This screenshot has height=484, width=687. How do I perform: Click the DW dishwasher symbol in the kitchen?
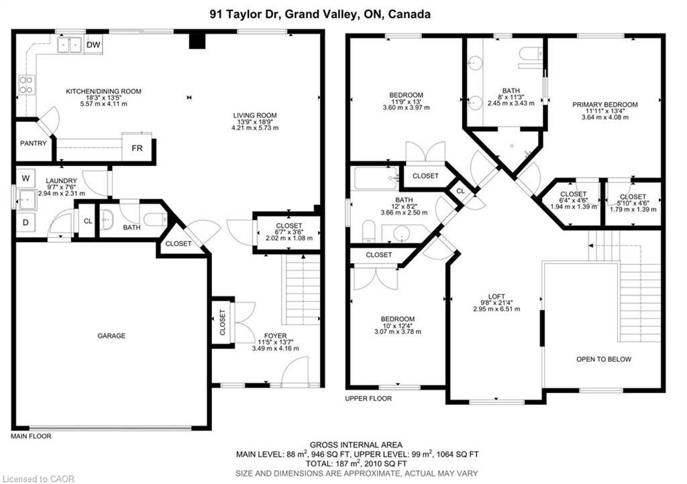click(93, 45)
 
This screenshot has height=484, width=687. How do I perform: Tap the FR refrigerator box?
click(137, 147)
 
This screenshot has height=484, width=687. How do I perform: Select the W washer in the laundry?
click(26, 178)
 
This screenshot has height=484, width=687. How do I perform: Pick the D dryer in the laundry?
click(26, 221)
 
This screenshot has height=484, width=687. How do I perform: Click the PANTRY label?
click(34, 143)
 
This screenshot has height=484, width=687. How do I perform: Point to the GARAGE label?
click(111, 336)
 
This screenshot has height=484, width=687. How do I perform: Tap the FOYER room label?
click(275, 335)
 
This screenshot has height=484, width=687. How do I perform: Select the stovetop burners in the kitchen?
click(26, 84)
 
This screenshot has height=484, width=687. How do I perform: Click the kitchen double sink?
click(68, 45)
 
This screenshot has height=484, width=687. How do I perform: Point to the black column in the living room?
click(196, 41)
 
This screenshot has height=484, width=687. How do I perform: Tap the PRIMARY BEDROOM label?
click(604, 105)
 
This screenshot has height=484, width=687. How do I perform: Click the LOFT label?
click(496, 296)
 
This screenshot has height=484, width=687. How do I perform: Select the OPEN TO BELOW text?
click(604, 359)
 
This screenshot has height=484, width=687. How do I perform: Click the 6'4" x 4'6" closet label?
click(573, 194)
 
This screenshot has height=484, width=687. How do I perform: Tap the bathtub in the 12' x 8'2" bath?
click(375, 179)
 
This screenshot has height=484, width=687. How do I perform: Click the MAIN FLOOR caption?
click(31, 436)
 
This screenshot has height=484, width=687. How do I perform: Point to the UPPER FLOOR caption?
click(368, 398)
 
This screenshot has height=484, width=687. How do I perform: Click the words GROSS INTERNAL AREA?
click(356, 444)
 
